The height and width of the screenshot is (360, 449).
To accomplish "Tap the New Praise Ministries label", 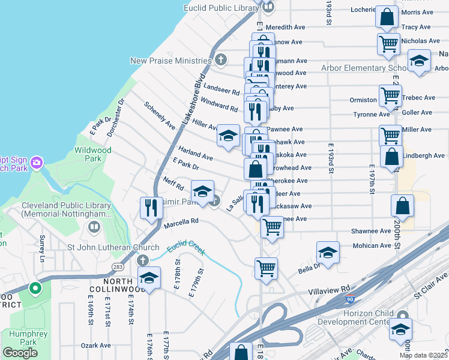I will click(172, 61).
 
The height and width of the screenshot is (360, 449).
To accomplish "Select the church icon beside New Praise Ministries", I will click(221, 59).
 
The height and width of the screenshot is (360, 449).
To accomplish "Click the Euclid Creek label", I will click(185, 247).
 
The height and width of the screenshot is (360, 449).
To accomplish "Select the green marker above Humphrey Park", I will click(35, 289).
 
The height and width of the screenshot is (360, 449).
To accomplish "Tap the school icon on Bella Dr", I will click(328, 252).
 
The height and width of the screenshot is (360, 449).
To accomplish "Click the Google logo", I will click(20, 353).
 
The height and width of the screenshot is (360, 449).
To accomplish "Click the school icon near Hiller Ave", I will click(228, 136).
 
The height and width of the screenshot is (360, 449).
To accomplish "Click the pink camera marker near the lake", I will click(36, 163).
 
